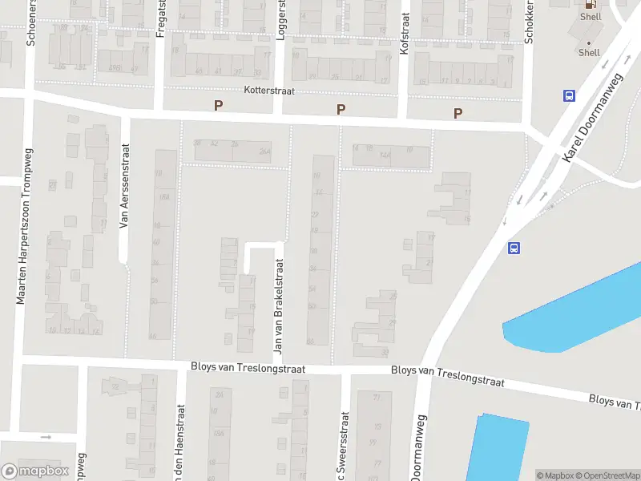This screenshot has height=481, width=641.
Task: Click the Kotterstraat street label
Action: [270, 91]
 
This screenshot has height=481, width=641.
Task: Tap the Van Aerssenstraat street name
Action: [124, 186]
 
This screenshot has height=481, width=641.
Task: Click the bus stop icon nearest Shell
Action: [569, 96]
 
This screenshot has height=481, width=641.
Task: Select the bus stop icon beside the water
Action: [514, 248]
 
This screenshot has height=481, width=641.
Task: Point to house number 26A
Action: [264, 152]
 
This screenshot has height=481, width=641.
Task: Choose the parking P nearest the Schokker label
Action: [458, 113]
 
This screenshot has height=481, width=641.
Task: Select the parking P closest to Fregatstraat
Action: [217, 106]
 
